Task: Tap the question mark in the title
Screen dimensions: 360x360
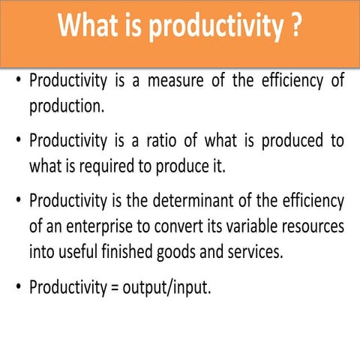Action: tap(295, 28)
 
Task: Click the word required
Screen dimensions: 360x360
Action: tap(106, 166)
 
